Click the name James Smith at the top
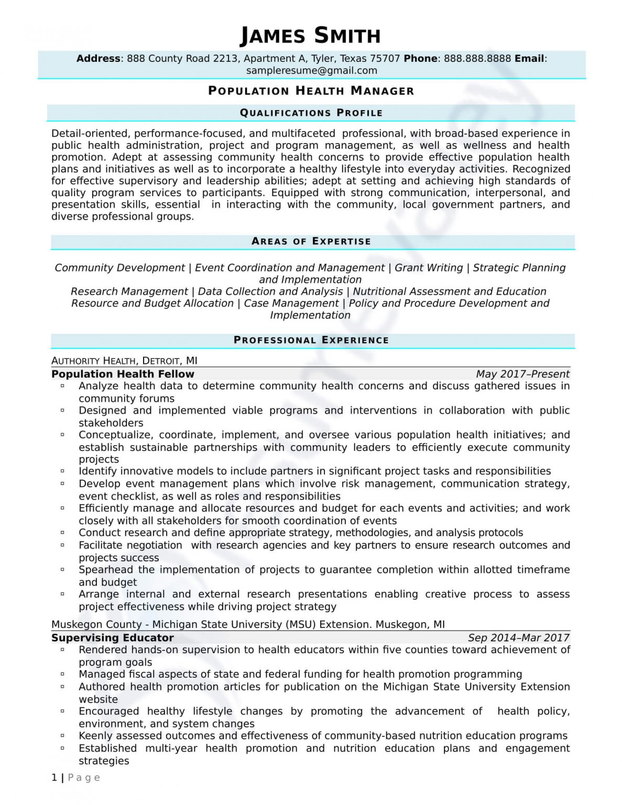310,36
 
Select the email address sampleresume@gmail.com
311,71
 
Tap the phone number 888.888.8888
477,59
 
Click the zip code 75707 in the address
385,59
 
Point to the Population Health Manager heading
311,91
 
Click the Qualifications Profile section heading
311,113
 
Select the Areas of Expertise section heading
311,241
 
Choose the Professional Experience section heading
311,340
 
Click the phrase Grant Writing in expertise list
429,268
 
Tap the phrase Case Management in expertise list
291,303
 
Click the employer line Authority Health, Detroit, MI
124,361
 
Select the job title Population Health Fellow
123,374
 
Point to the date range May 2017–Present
522,374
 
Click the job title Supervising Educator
112,638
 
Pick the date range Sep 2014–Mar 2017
518,638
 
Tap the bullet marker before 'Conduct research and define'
62,532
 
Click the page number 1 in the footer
54,778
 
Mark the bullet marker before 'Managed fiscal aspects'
62,674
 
